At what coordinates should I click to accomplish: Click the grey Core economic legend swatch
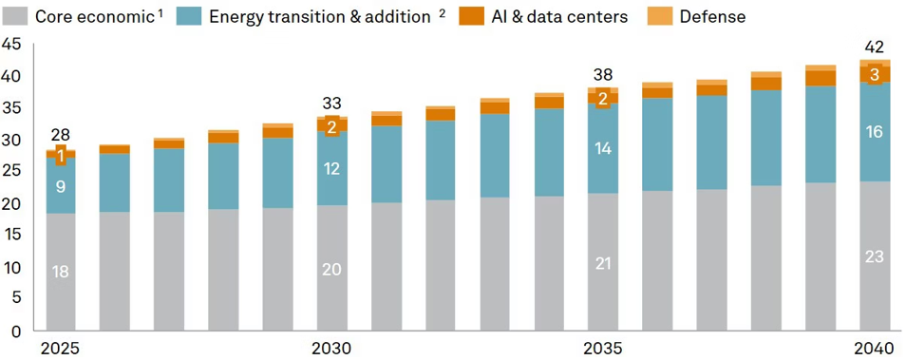[16, 15]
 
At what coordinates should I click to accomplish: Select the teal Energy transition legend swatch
[188, 15]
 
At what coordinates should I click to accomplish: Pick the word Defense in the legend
[712, 16]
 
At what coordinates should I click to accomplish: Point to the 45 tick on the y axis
[13, 44]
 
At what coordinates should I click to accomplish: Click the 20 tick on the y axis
[13, 204]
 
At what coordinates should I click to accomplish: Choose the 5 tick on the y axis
[17, 300]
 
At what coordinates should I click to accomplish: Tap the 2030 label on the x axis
[331, 349]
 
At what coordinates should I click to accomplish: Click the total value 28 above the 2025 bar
[61, 135]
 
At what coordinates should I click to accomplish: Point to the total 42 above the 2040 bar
[875, 47]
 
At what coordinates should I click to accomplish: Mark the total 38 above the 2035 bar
[603, 74]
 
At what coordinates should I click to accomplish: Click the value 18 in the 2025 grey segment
[61, 272]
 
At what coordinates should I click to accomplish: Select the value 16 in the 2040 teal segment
[875, 132]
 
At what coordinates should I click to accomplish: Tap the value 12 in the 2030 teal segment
[331, 169]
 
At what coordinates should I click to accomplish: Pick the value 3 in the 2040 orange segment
[875, 74]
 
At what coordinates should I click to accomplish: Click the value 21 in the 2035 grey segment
[603, 263]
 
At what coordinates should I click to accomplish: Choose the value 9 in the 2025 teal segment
[61, 186]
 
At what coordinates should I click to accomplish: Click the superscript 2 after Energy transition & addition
[442, 12]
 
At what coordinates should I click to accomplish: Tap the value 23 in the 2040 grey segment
[875, 256]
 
